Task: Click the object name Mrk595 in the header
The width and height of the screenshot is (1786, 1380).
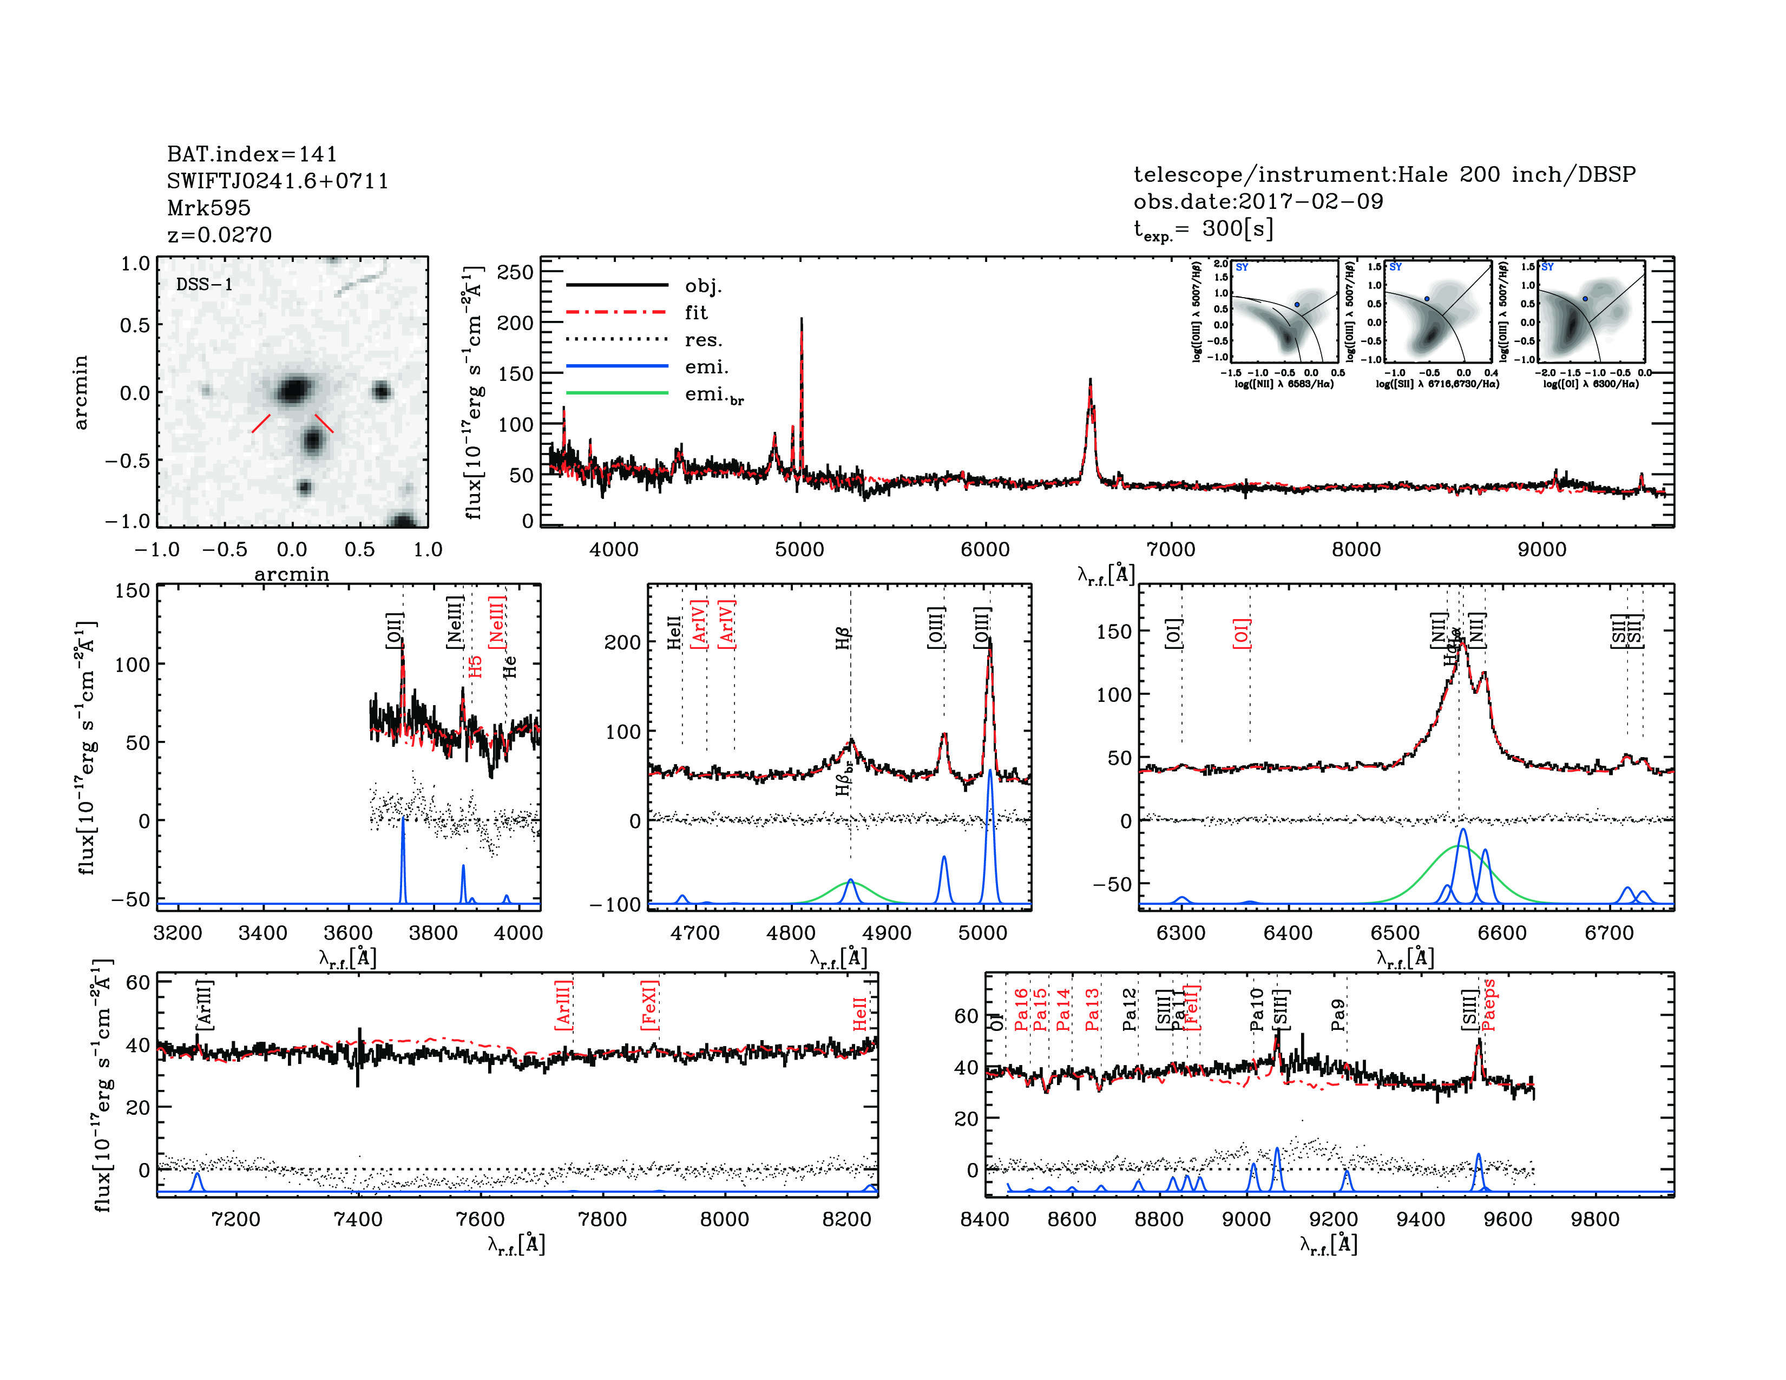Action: (208, 208)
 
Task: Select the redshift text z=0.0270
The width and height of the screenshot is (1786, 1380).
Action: (219, 235)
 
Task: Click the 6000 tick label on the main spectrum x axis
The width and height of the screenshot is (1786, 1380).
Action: (984, 549)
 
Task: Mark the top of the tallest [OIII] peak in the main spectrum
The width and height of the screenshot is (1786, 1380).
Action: (802, 319)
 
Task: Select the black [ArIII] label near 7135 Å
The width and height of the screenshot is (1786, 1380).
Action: (205, 1004)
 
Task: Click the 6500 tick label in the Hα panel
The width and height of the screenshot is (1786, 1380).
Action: (1394, 933)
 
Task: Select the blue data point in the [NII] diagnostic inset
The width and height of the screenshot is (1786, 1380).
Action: (1297, 305)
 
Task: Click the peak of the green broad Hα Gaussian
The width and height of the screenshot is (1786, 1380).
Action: (1459, 846)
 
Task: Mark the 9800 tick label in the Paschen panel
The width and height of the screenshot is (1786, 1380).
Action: (1594, 1219)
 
